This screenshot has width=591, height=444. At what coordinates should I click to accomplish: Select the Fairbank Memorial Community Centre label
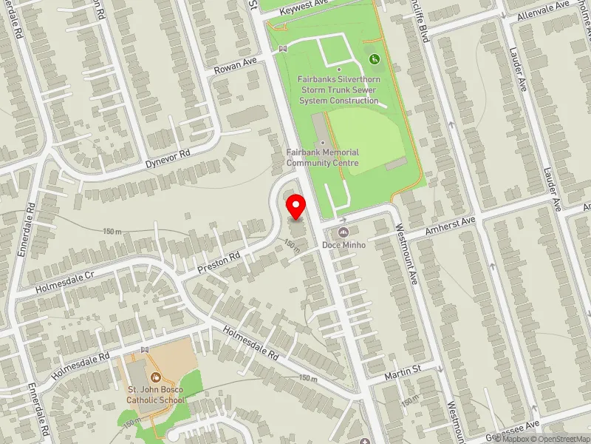click(x=323, y=158)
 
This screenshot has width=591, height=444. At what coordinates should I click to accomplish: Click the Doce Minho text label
click(x=344, y=245)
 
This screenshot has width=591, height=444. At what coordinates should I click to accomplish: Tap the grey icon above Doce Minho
click(x=344, y=232)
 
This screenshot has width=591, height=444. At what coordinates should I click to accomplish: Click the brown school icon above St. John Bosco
click(x=154, y=377)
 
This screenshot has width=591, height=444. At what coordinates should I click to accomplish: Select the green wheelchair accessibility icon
click(x=374, y=58)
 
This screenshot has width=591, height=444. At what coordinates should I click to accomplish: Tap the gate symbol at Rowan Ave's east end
click(x=282, y=50)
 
